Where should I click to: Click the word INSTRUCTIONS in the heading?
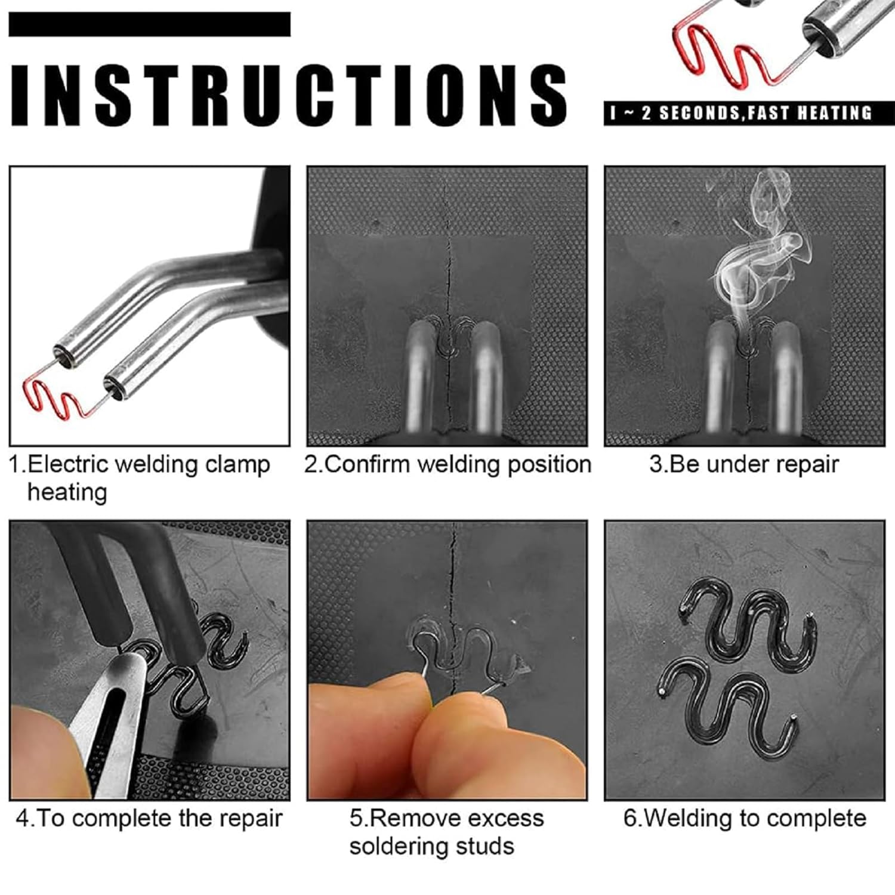pyautogui.click(x=288, y=94)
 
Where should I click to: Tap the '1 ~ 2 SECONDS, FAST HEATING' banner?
pyautogui.click(x=741, y=113)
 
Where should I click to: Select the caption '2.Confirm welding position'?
pyautogui.click(x=447, y=464)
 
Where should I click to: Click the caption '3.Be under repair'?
pyautogui.click(x=744, y=464)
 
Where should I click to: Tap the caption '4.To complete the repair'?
pyautogui.click(x=149, y=818)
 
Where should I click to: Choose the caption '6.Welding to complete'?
pyautogui.click(x=744, y=818)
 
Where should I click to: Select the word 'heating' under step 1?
pyautogui.click(x=67, y=493)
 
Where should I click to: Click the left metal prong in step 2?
pyautogui.click(x=421, y=376)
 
